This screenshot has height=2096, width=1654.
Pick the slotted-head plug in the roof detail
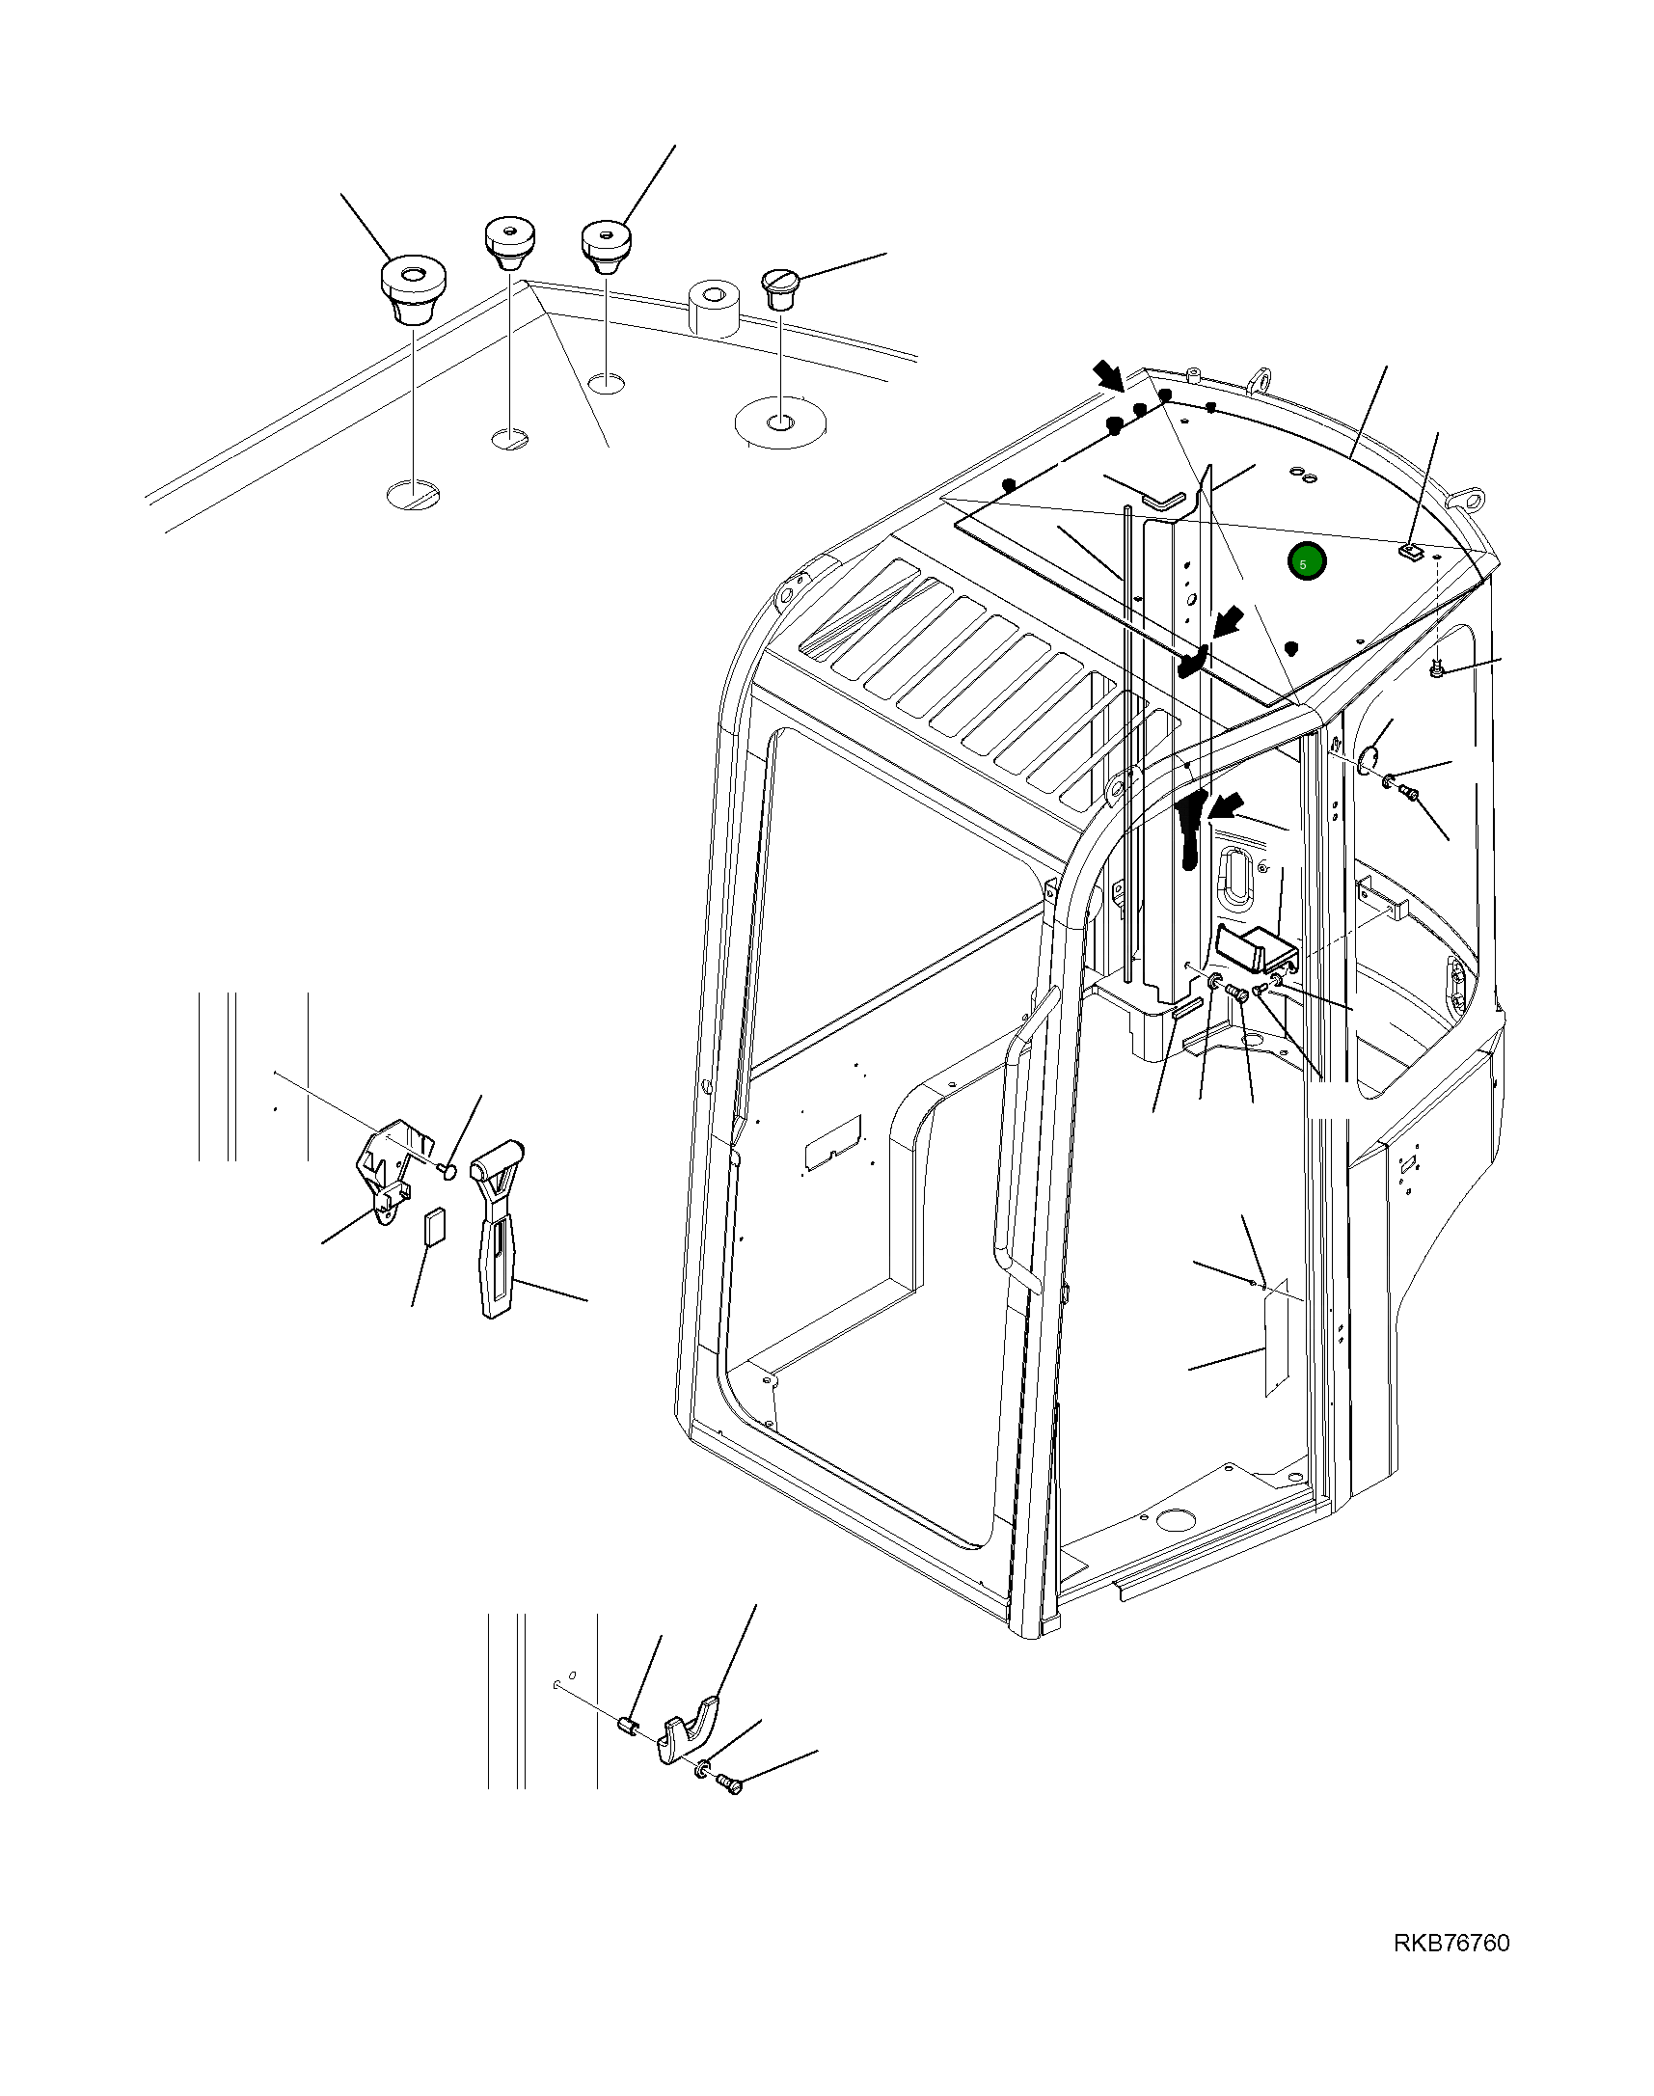click(780, 287)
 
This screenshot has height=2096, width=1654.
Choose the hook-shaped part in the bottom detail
click(691, 1728)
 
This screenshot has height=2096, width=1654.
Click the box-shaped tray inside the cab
click(1254, 948)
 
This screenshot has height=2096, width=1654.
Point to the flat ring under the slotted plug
click(779, 422)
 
